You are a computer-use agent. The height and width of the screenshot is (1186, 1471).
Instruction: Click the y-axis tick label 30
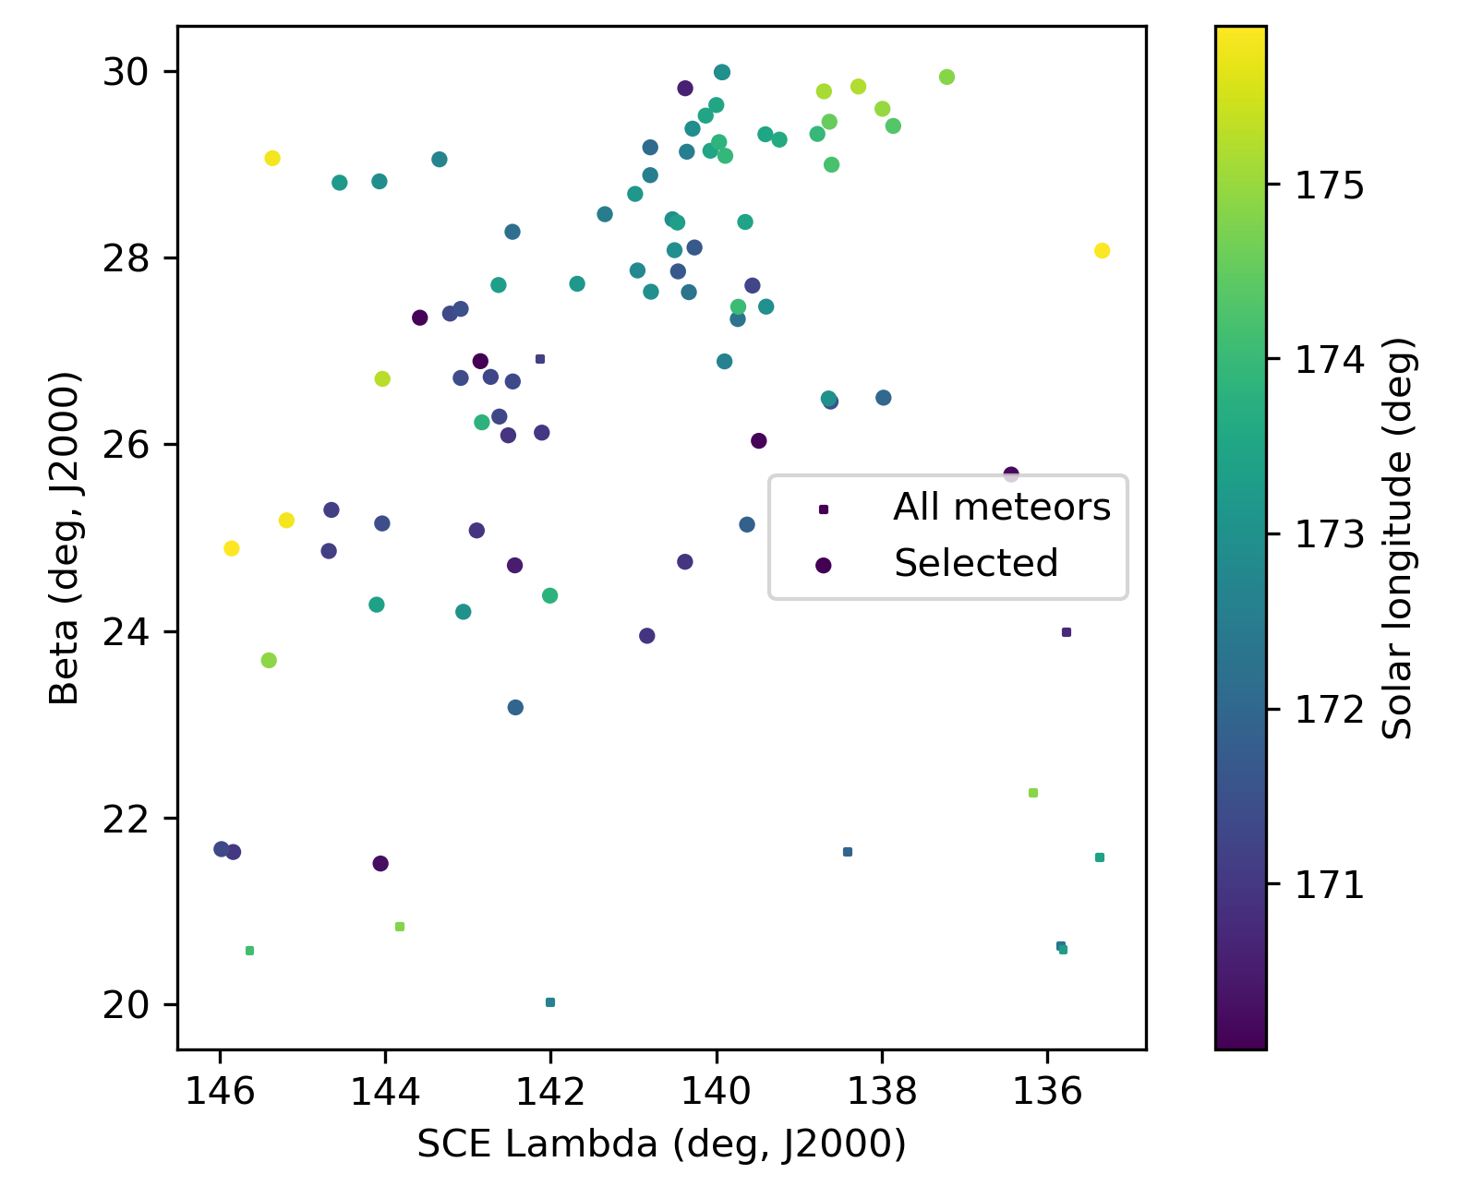(127, 72)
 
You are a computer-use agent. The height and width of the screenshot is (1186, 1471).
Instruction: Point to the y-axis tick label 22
(127, 819)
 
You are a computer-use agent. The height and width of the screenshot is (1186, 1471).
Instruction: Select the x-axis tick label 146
(220, 1091)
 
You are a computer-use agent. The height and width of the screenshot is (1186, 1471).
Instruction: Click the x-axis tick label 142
(550, 1091)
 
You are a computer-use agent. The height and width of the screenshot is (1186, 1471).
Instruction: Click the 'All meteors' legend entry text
(1002, 508)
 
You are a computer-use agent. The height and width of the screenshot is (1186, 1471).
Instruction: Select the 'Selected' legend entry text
(976, 563)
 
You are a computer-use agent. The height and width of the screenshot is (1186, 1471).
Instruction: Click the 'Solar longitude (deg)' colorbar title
(1399, 537)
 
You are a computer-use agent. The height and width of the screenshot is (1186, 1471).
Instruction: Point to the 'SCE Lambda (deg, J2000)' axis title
(661, 1144)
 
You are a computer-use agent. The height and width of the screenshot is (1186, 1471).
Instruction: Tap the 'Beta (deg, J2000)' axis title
(65, 537)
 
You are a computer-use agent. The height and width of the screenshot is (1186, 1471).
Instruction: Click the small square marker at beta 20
(550, 1002)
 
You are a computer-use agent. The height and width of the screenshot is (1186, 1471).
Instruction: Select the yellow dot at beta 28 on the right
(1102, 251)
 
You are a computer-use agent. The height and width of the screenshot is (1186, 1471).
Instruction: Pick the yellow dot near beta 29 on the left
(272, 158)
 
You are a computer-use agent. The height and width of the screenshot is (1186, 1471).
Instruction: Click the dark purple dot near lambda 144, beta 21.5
(380, 864)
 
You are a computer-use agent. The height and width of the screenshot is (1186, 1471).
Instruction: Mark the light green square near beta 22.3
(1033, 793)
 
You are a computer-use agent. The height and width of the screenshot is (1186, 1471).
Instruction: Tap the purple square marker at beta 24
(1067, 632)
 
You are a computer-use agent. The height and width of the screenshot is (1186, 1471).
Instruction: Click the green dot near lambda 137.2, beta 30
(947, 77)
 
